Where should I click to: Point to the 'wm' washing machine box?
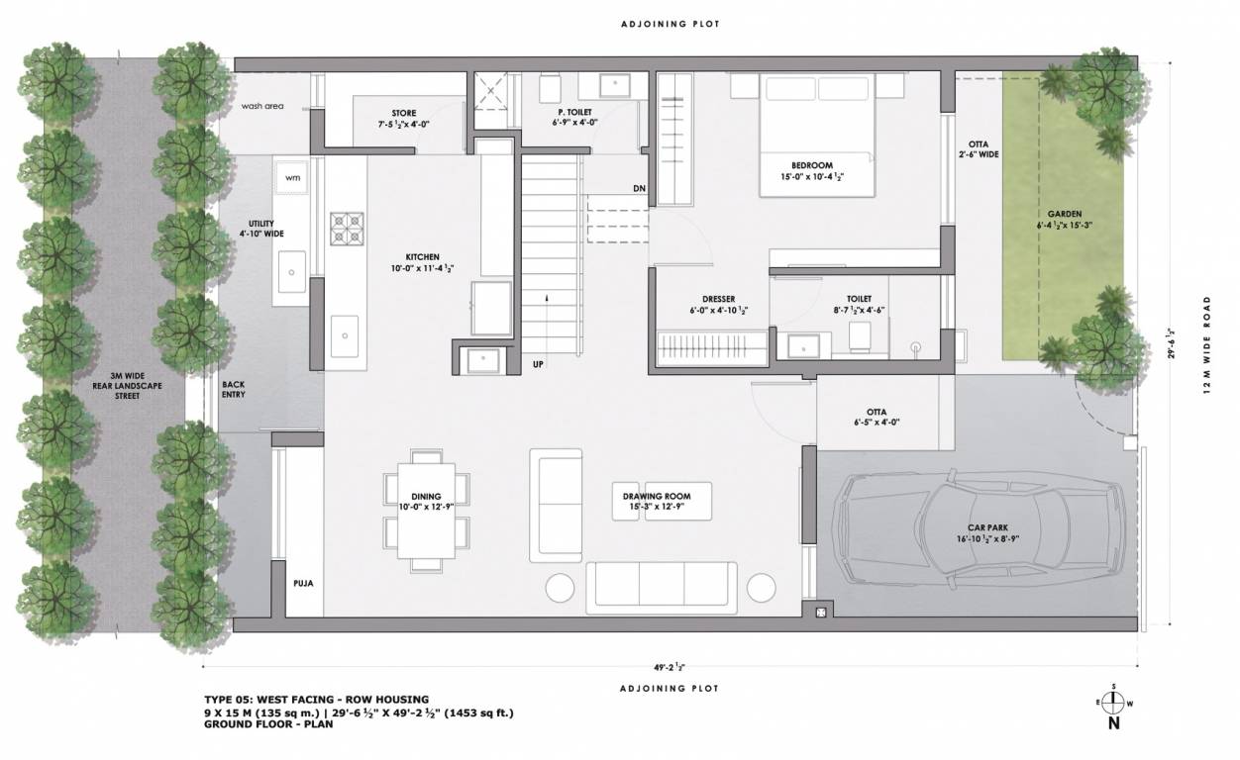(292, 177)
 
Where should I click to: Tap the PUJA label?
(304, 584)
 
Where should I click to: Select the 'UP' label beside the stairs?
(539, 363)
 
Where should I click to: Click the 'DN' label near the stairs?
(639, 188)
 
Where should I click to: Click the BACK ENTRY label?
(234, 389)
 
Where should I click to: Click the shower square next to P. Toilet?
(490, 92)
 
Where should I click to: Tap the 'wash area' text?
(261, 106)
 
